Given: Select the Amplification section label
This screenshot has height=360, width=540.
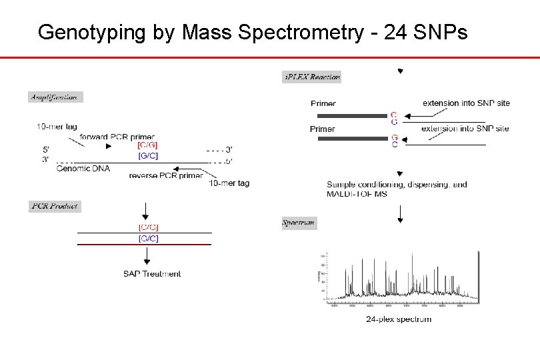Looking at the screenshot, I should point(55,97).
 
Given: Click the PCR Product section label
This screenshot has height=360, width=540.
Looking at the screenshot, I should point(55,206).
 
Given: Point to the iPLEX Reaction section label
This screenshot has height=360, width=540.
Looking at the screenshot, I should point(312,77).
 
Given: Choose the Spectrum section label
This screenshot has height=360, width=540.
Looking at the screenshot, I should point(299,223).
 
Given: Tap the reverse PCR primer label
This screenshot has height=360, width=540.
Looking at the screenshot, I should point(167,175).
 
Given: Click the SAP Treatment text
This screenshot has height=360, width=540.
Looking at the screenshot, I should point(152,273).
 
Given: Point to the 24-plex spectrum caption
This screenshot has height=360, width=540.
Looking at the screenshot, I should point(399,319).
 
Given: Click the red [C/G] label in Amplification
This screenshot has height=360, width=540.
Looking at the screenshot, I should point(147,145).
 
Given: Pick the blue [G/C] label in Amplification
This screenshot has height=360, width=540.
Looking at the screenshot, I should point(147,155).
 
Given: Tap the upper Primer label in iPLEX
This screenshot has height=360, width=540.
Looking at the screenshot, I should point(323,103).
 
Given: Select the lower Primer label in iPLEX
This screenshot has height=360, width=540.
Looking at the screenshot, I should point(323,129).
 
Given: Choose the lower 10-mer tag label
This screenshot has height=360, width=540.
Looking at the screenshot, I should point(229,183).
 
